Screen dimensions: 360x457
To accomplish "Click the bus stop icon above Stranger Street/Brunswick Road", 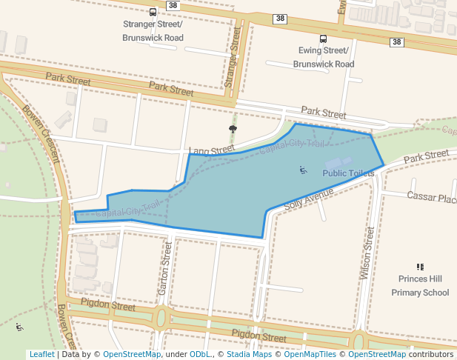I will (153, 12).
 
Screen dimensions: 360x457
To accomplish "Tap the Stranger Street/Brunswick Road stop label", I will (153, 30).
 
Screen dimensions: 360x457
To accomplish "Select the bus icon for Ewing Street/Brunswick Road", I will (323, 39).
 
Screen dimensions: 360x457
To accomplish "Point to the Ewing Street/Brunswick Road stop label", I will (324, 57).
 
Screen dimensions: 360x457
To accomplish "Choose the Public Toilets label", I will (348, 173).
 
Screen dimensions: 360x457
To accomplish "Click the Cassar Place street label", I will (432, 198).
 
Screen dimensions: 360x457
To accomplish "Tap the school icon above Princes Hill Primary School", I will (420, 267).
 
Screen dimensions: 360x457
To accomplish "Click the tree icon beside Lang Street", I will (233, 129).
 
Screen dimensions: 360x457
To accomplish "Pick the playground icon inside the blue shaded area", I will (303, 170).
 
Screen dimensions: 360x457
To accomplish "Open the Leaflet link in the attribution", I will (41, 354).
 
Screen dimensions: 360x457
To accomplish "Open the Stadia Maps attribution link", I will (249, 354).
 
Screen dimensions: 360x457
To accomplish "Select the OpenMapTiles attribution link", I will (312, 354).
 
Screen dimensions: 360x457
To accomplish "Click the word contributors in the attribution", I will (431, 354).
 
